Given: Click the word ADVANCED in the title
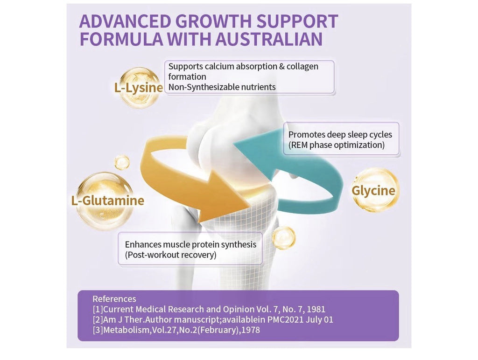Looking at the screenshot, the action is tap(125, 21).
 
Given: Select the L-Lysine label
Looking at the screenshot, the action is tap(139, 88).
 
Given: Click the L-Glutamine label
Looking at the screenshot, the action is tap(108, 201).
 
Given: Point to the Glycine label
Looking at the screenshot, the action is tap(373, 191).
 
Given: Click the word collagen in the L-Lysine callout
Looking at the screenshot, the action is tap(302, 66).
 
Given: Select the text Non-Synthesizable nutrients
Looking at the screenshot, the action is tap(222, 87).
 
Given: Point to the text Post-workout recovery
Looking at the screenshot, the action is tap(171, 255).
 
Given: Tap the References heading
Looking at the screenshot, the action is tap(114, 299).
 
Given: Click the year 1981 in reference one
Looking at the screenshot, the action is tap(316, 309).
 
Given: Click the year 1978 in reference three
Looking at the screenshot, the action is tap(250, 330).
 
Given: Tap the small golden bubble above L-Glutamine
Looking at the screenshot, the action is tap(122, 162).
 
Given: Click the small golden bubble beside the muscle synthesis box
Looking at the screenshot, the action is tap(283, 238).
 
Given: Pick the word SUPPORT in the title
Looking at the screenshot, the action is tap(297, 21).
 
